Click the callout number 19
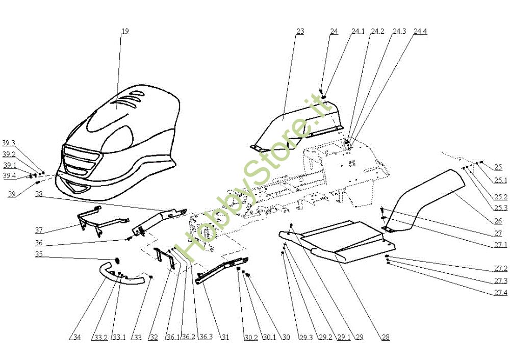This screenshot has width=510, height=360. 125,31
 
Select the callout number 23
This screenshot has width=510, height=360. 300,31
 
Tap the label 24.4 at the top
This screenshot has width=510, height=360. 420,31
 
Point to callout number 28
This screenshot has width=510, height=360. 386,337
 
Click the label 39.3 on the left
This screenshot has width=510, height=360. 9,143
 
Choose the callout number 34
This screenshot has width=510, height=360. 77,337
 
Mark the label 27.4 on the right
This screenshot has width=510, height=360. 501,293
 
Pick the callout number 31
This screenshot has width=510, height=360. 225,337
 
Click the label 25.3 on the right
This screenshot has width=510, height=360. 501,208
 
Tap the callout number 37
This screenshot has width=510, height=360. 39,230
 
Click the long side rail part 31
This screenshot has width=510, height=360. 221,270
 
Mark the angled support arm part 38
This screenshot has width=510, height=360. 159,221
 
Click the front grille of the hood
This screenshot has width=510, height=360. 80,160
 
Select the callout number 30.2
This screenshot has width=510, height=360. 251,337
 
